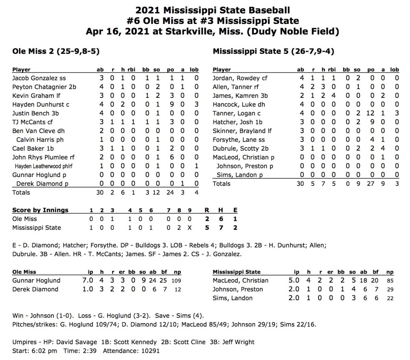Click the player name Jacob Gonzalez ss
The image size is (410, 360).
click(39, 78)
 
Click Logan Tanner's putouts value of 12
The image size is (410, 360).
click(370, 114)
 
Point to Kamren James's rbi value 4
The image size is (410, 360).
click(333, 96)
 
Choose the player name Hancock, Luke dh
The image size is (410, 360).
click(239, 105)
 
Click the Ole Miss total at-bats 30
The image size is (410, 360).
click(100, 192)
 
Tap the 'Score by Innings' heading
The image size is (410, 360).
click(40, 210)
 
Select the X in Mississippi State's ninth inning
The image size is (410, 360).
click(190, 228)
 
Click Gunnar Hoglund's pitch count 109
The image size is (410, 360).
click(176, 281)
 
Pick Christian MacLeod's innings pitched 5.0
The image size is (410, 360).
click(294, 281)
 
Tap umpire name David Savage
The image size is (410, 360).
click(77, 342)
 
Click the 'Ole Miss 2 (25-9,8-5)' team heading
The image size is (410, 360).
click(56, 51)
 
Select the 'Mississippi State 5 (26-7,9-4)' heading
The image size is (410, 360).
click(273, 51)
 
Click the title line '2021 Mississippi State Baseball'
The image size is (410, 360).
click(213, 10)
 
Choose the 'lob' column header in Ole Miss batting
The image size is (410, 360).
click(194, 69)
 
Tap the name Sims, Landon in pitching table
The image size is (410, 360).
click(233, 298)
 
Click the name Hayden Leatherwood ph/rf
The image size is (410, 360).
click(43, 166)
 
